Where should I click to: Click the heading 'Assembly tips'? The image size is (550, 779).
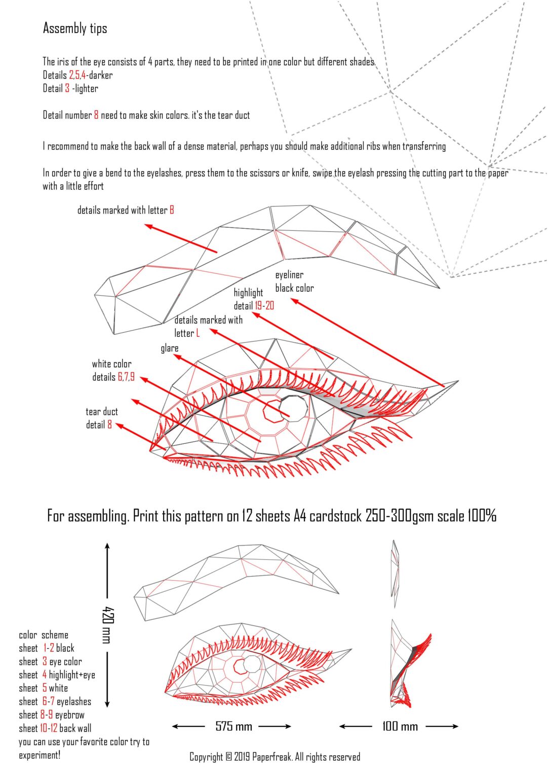[75, 28]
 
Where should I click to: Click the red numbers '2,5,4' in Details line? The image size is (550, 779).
[77, 75]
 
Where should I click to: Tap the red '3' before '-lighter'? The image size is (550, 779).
[67, 88]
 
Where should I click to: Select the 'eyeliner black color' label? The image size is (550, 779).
[294, 281]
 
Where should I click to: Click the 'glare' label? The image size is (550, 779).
[170, 348]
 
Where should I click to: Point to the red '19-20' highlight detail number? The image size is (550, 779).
[264, 306]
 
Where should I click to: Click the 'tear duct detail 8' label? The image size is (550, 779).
[101, 418]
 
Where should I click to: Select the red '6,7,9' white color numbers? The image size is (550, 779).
[126, 377]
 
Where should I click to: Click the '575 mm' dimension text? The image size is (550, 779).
[233, 726]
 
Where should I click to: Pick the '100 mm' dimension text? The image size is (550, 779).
[400, 726]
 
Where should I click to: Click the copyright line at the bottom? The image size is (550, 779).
[275, 757]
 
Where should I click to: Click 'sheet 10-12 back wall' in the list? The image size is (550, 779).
[55, 728]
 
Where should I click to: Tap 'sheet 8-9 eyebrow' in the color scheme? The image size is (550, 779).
[52, 715]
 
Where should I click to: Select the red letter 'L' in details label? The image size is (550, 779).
[198, 333]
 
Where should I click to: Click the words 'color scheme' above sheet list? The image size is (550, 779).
[44, 635]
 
